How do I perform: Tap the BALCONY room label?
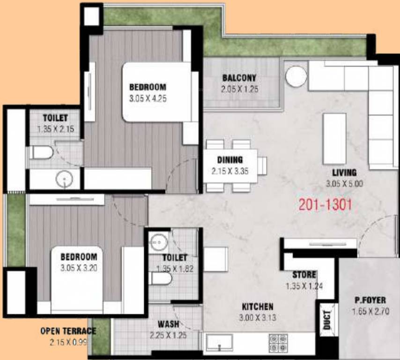(239, 78)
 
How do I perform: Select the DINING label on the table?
(230, 159)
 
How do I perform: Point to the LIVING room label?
(344, 172)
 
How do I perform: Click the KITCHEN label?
(257, 307)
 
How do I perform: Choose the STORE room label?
(304, 275)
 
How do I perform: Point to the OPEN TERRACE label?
(68, 331)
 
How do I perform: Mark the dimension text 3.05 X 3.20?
(79, 269)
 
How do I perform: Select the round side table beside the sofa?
(296, 76)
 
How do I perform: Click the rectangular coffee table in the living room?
(334, 138)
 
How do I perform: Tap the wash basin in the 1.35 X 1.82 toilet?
(157, 241)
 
